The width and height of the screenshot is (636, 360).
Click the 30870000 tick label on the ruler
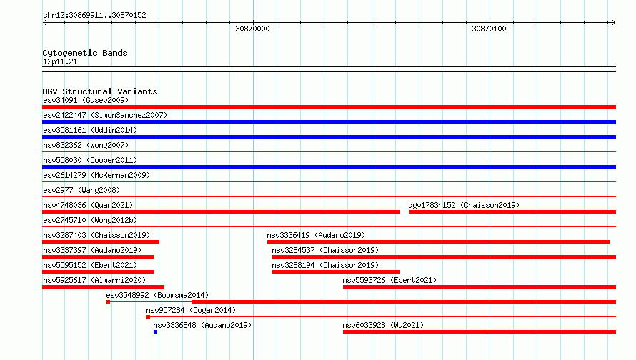(x=252, y=29)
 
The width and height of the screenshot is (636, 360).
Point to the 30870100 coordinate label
(x=489, y=29)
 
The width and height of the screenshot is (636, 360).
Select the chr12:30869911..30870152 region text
(x=94, y=15)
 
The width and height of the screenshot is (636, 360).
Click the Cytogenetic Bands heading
(x=85, y=53)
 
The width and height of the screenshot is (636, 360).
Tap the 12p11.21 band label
(x=60, y=61)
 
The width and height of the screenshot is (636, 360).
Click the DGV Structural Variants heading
(x=100, y=91)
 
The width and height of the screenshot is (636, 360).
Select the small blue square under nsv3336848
(x=155, y=332)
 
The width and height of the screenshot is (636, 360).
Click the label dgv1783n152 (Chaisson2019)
(x=464, y=205)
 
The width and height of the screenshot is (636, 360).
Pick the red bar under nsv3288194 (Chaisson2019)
(x=336, y=272)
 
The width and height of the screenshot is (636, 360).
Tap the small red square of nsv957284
(x=148, y=317)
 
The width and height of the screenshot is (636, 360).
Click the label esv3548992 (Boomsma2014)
(x=157, y=295)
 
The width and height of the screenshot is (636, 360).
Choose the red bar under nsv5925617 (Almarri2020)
(x=103, y=287)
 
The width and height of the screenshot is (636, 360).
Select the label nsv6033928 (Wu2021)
(x=383, y=325)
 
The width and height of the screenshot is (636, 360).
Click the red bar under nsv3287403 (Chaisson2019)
(x=101, y=242)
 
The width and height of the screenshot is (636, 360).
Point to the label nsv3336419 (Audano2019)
(x=316, y=235)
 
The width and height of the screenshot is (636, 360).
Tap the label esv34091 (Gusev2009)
(x=86, y=100)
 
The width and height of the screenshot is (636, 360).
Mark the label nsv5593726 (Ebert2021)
(x=389, y=280)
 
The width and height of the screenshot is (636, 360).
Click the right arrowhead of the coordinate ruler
(x=614, y=22)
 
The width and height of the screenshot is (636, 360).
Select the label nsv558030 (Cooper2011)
(x=90, y=160)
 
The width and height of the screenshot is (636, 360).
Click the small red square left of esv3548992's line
(x=109, y=302)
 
